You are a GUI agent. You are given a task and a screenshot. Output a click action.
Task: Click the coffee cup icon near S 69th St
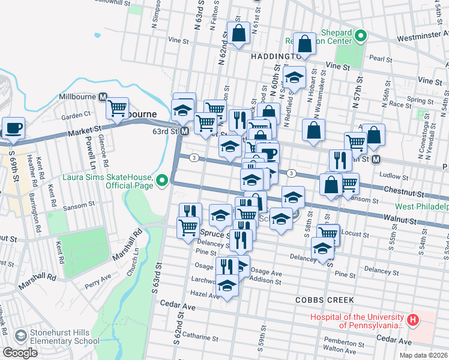(x=13, y=128)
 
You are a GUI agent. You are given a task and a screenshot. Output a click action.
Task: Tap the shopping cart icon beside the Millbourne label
(x=117, y=109)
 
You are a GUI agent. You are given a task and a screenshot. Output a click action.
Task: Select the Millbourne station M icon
(x=103, y=97)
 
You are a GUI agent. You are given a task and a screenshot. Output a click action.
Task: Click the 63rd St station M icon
(x=184, y=131)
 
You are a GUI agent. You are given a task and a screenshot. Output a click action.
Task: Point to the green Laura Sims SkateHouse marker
(x=161, y=180)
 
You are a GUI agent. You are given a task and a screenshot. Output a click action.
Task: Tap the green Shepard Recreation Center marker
(x=360, y=35)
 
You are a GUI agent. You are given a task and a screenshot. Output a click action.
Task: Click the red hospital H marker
(x=412, y=320)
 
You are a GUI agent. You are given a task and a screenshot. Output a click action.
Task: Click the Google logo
(x=20, y=353)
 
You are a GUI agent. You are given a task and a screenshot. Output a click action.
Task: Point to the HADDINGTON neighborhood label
(x=272, y=56)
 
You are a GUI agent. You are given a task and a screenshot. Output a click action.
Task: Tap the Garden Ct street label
(x=79, y=114)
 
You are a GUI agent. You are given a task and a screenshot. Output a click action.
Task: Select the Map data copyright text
(x=423, y=355)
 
